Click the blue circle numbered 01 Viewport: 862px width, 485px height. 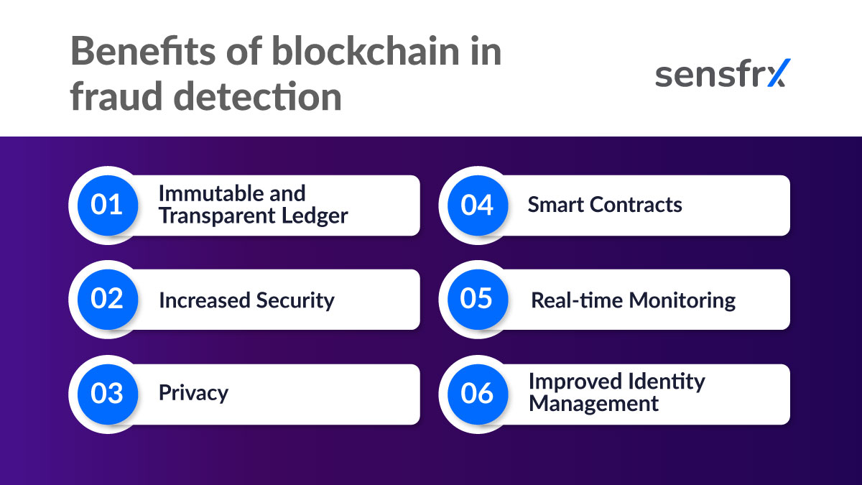click(x=106, y=205)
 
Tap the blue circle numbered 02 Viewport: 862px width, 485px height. click(x=106, y=300)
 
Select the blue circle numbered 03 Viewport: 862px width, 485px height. click(x=106, y=394)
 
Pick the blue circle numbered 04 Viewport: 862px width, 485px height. click(x=477, y=205)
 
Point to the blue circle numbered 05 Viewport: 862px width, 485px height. click(x=477, y=300)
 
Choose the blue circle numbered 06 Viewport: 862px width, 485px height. click(x=477, y=394)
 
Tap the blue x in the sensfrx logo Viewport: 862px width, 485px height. click(x=777, y=73)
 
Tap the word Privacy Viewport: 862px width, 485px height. click(x=193, y=393)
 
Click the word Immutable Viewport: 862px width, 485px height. click(x=203, y=193)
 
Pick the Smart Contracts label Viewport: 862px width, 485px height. click(x=605, y=205)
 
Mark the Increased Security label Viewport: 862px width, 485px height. click(x=246, y=300)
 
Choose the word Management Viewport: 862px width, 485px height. click(x=593, y=404)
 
